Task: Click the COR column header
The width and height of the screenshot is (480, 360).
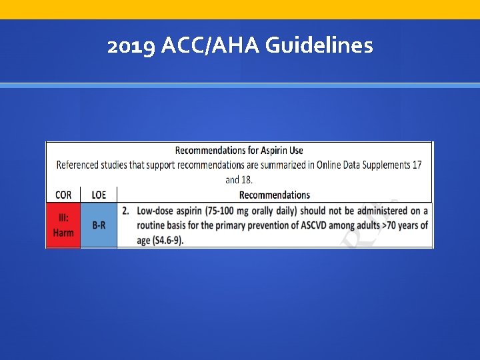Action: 63,195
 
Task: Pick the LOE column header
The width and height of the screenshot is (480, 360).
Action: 99,195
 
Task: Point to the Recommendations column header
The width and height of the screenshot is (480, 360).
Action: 274,195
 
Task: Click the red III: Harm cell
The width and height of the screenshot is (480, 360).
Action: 63,225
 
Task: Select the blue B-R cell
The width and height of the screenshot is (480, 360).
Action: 99,225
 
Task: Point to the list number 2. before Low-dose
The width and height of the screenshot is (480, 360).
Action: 126,211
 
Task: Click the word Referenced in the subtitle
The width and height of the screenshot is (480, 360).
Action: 78,165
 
